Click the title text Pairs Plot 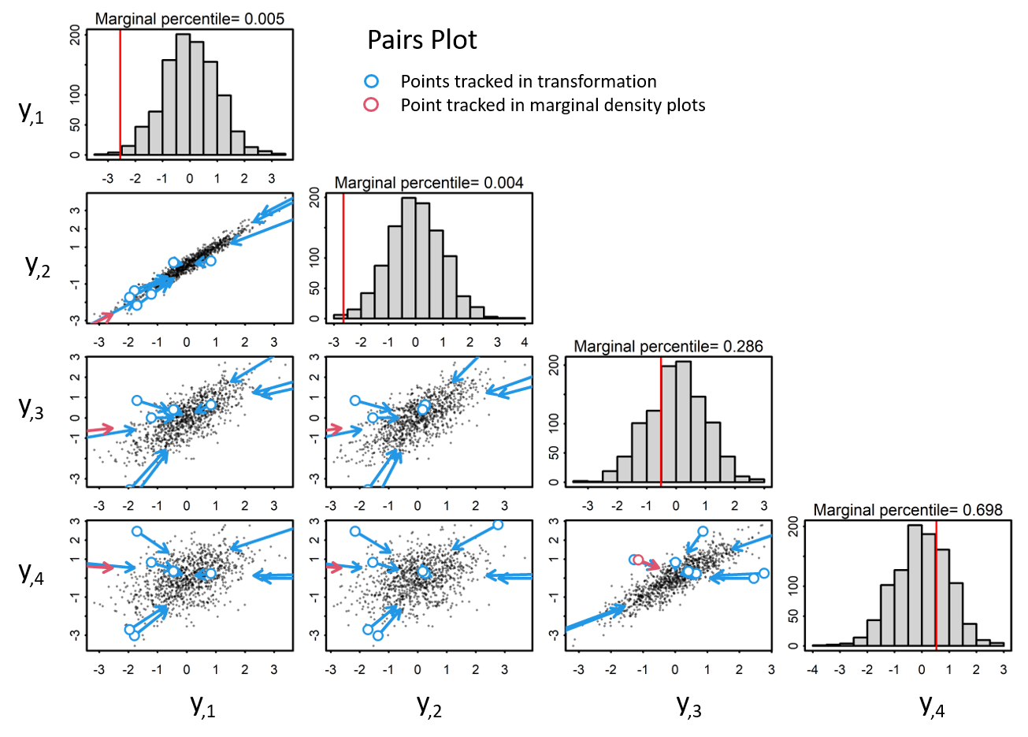tap(421, 40)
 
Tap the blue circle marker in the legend tap(371, 81)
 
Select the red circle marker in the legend tap(371, 105)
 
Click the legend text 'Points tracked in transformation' tap(528, 81)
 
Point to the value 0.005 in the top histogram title tap(264, 19)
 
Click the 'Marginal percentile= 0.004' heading tap(429, 183)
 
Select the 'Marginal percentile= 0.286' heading tap(668, 346)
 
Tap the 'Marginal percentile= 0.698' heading tap(907, 510)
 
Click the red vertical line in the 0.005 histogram tap(120, 95)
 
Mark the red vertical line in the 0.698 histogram tap(936, 583)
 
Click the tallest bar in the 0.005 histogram tap(182, 95)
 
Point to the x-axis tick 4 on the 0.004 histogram tap(525, 343)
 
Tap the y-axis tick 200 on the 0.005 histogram tap(75, 35)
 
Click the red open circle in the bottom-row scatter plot tap(639, 560)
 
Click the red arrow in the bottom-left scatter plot tap(98, 566)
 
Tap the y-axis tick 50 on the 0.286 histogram tap(553, 453)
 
